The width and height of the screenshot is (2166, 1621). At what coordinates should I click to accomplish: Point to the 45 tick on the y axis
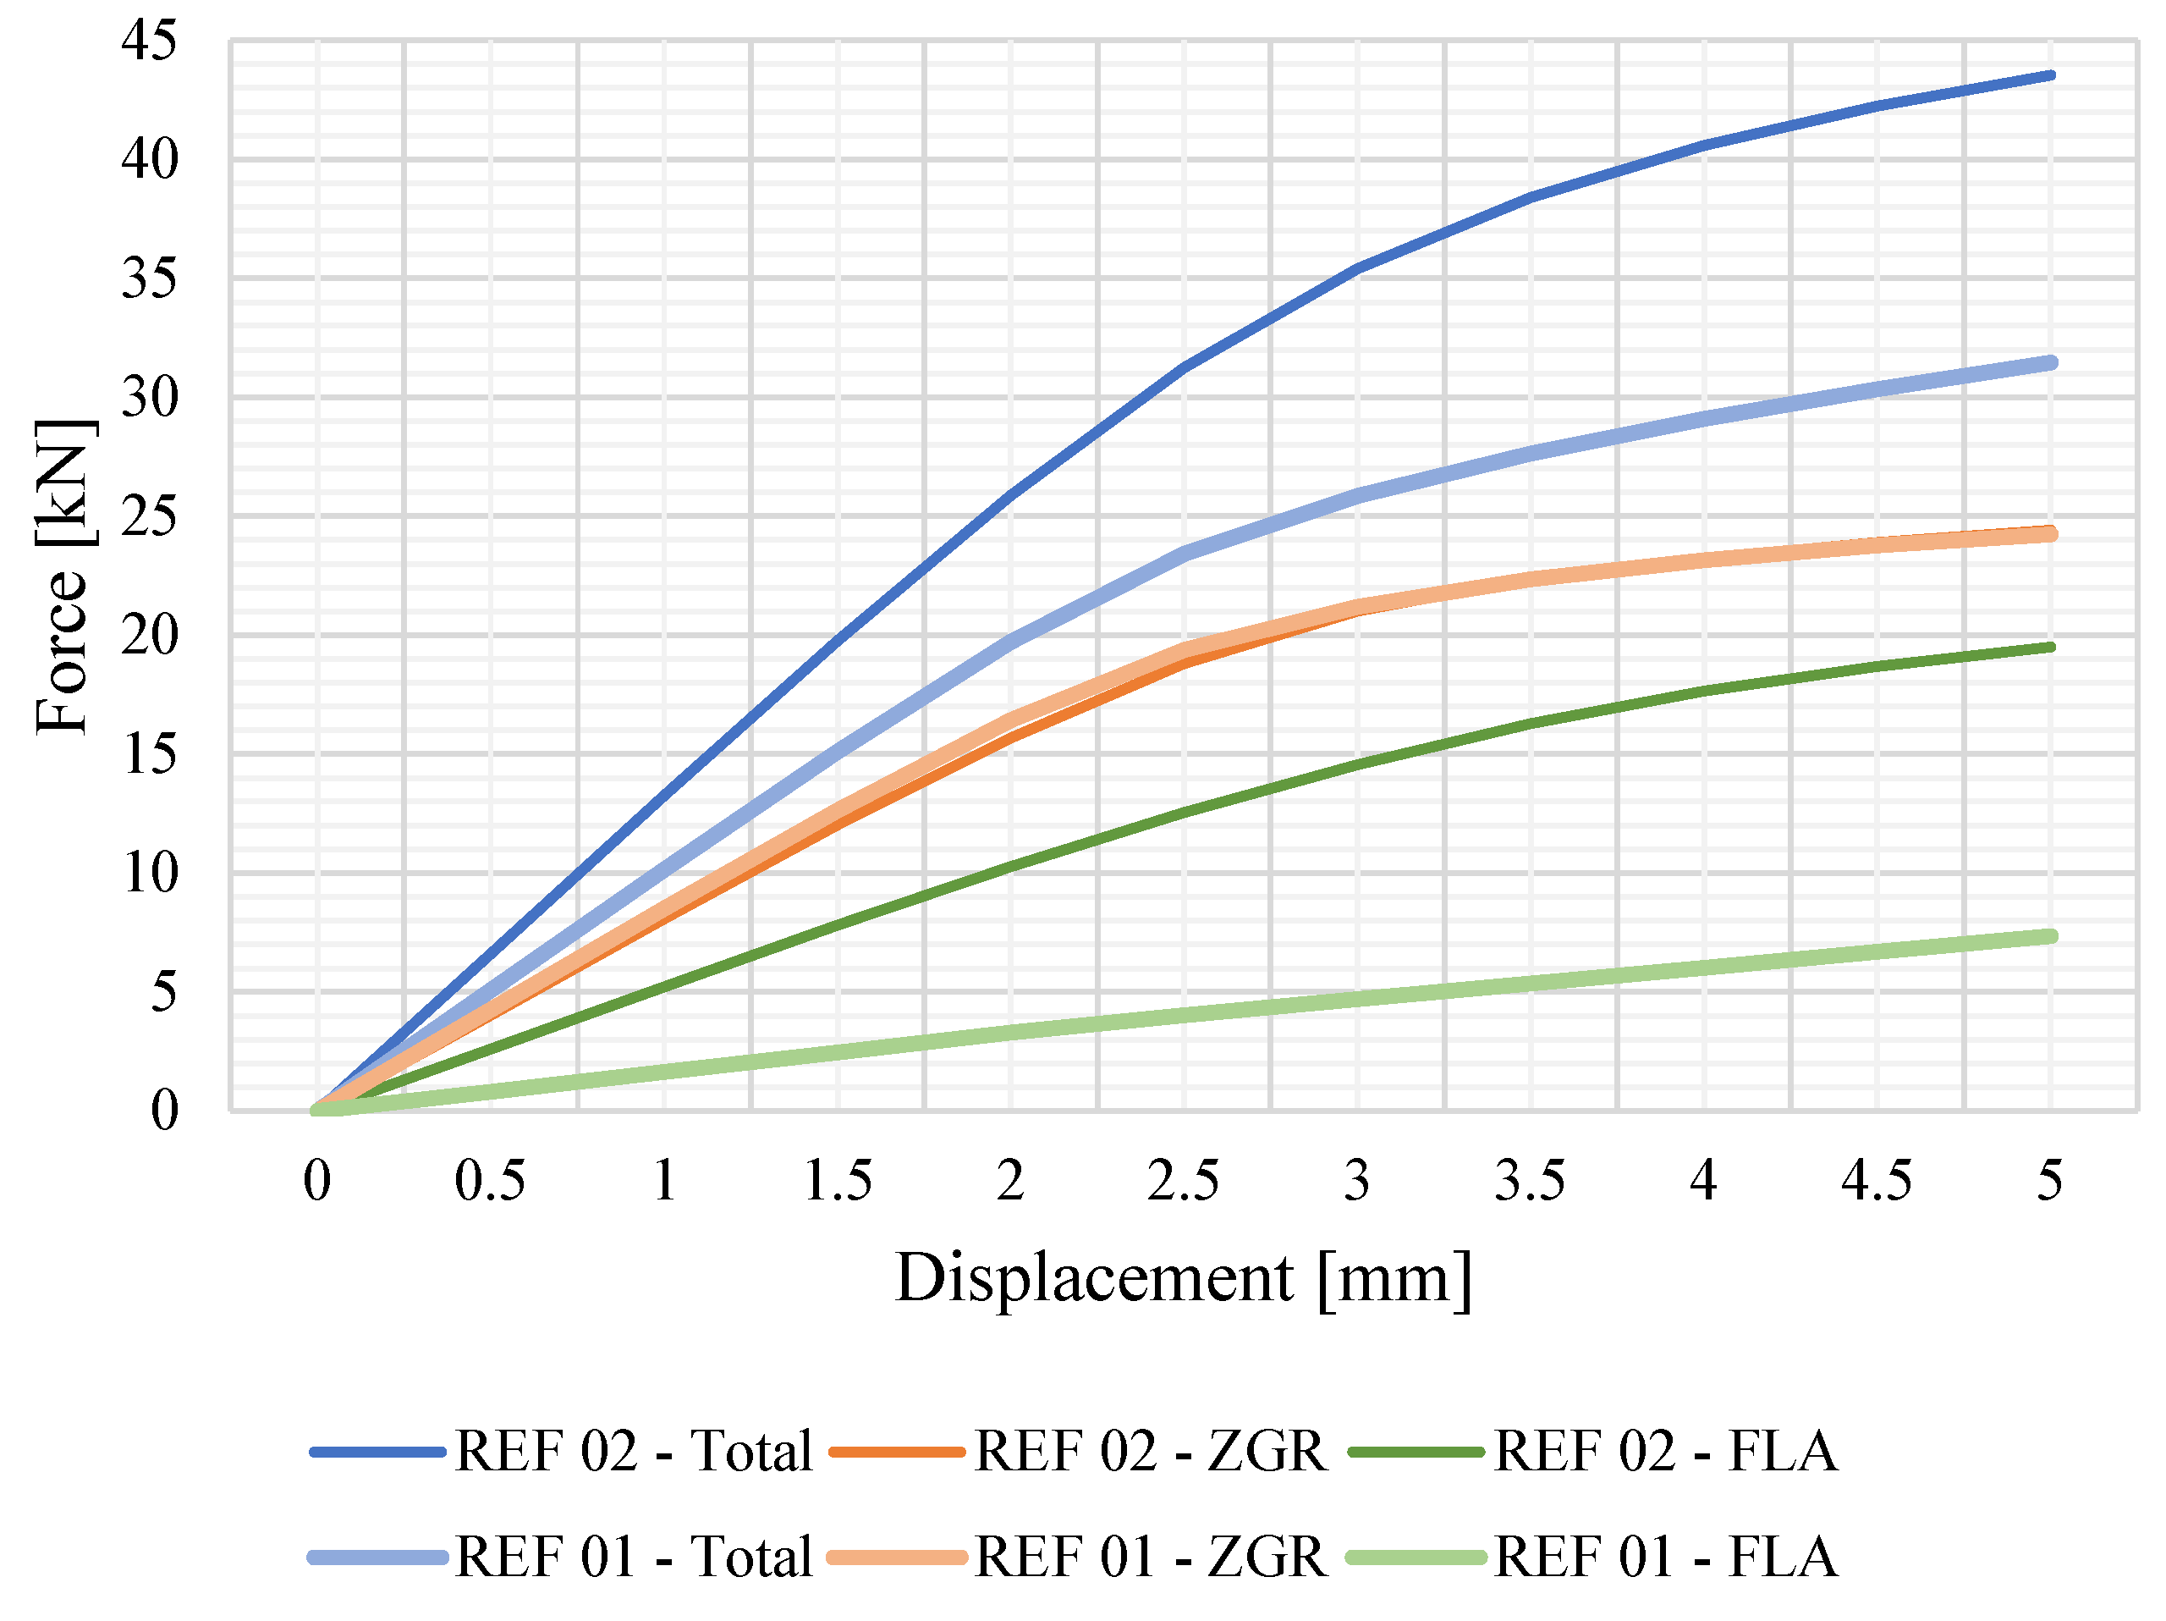[150, 41]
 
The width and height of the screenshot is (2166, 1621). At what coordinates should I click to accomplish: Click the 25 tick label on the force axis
[150, 516]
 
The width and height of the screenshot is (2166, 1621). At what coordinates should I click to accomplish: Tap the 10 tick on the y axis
[150, 873]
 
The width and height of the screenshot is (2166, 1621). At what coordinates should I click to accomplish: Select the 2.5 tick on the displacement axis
[1183, 1180]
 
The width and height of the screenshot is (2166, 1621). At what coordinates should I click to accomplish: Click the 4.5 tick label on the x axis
[1876, 1180]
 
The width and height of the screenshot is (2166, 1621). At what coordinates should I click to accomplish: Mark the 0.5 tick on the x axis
[490, 1180]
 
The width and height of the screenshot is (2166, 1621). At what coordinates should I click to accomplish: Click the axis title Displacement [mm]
[1183, 1278]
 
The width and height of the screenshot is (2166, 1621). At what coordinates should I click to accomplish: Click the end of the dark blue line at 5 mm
[2049, 75]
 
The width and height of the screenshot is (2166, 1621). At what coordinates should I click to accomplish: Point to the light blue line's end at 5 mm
[2049, 362]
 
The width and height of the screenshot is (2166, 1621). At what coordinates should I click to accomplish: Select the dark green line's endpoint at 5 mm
[2049, 647]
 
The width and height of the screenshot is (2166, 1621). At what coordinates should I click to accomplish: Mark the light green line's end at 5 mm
[2049, 936]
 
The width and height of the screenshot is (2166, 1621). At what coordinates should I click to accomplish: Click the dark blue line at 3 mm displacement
[1357, 267]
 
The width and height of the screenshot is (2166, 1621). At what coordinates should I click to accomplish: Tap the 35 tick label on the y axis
[150, 279]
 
